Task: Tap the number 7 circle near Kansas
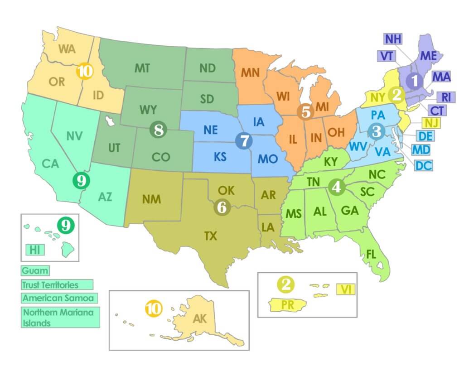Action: tap(243, 140)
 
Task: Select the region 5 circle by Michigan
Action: tap(306, 111)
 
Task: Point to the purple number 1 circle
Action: tap(414, 82)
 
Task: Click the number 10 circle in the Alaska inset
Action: tap(154, 309)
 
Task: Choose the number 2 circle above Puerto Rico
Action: tap(286, 284)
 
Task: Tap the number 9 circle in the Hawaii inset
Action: tap(66, 225)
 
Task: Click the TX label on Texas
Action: tap(210, 236)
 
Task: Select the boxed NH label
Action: tap(393, 39)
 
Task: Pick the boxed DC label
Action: tap(423, 165)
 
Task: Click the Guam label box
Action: tap(35, 271)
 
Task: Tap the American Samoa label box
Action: tap(58, 298)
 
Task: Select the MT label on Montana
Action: tap(142, 68)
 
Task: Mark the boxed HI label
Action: tap(35, 249)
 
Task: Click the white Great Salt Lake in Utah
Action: tap(109, 121)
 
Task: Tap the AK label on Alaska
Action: tap(200, 318)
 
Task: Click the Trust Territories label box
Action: tap(57, 284)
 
